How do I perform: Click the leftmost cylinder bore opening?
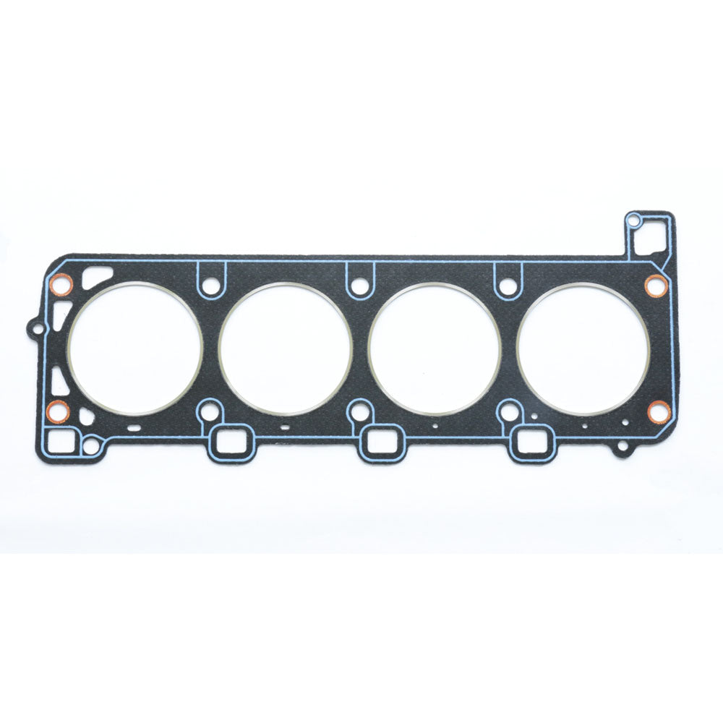tap(135, 348)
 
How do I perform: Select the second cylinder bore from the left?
tap(285, 349)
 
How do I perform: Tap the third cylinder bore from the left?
tap(435, 349)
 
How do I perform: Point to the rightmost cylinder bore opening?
tap(583, 349)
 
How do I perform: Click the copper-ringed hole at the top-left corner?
tap(61, 287)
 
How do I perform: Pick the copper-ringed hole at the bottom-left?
tap(58, 412)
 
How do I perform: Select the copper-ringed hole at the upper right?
tap(656, 285)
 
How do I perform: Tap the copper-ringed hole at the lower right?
tap(658, 412)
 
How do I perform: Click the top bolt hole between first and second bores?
tap(210, 286)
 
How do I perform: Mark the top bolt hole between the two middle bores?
tap(359, 286)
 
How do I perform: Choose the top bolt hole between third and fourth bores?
tap(508, 286)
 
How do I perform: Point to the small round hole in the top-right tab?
tap(634, 220)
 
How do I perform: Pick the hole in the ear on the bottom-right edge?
tap(621, 449)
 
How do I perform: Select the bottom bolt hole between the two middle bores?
tap(358, 414)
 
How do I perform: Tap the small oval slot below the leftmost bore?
tap(134, 428)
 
